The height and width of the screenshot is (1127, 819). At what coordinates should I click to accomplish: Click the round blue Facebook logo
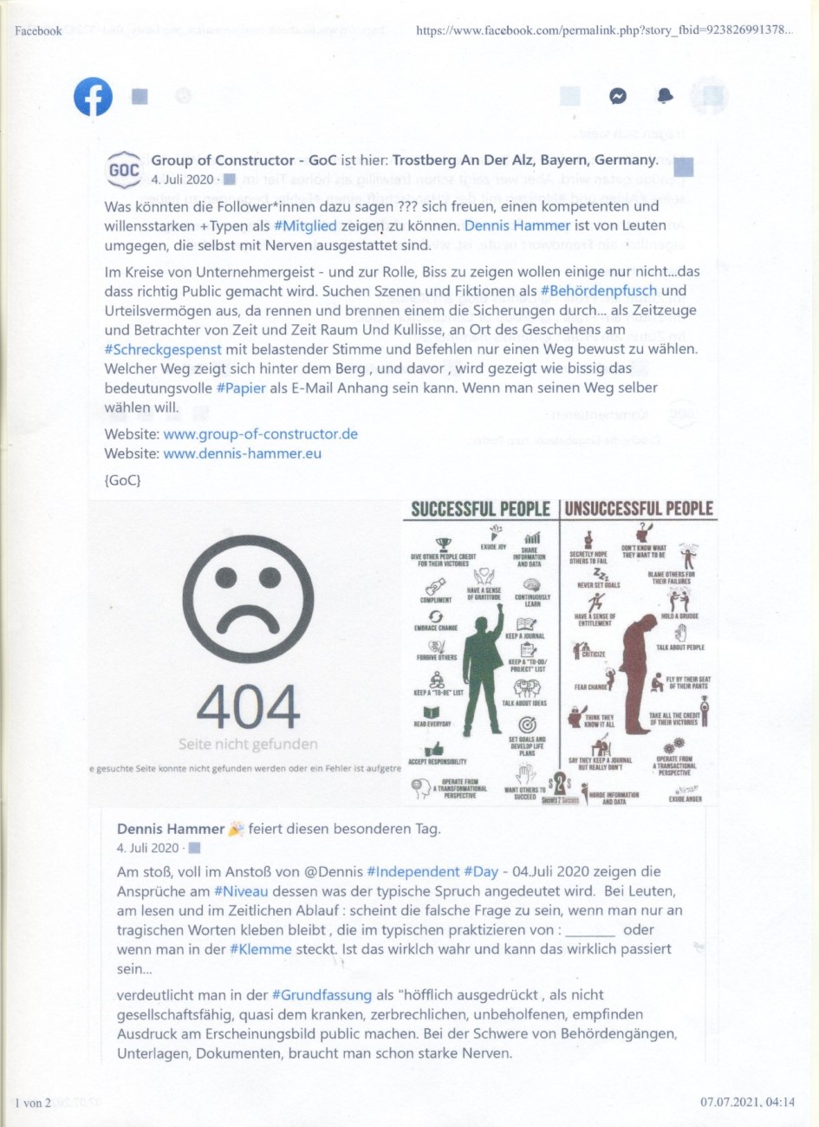tap(93, 96)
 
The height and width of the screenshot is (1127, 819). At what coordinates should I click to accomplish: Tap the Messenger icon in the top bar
tap(618, 96)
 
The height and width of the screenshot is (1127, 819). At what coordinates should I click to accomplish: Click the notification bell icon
tap(665, 95)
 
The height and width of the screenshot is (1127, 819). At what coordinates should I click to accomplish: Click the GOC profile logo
tap(124, 170)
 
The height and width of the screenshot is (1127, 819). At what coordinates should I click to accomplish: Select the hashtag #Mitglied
tap(304, 226)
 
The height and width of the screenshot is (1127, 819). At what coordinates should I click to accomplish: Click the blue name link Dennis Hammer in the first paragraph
tap(517, 226)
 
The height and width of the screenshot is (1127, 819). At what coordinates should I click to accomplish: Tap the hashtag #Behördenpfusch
tap(599, 291)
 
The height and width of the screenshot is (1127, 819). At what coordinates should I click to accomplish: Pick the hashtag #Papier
tap(241, 388)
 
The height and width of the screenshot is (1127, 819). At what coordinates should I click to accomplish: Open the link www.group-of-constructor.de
tap(260, 434)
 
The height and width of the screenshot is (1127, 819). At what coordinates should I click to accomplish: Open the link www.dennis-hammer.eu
tap(242, 453)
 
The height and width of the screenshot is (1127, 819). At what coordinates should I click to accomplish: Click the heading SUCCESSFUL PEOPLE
tap(480, 509)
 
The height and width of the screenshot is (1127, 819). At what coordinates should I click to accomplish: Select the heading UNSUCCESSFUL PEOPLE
tap(640, 509)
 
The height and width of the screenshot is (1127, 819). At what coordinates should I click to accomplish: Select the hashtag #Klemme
tap(261, 949)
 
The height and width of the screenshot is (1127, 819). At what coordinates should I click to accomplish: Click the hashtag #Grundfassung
tap(322, 995)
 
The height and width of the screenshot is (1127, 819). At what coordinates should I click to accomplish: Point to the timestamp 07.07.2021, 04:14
tap(747, 1103)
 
